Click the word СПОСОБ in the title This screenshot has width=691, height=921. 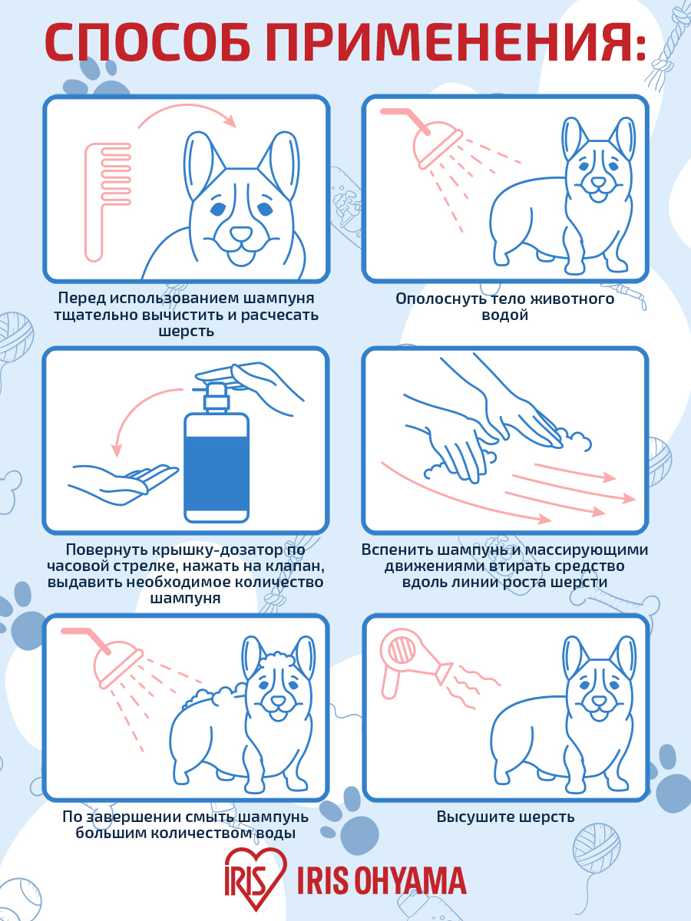point(147,42)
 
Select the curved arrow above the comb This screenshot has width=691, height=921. point(187,114)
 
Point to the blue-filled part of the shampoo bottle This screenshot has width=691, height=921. point(217,474)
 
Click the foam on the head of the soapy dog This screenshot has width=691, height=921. point(278,659)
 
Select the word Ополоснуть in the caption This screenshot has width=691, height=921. point(440,299)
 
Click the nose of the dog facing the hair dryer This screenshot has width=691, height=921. point(599,700)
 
